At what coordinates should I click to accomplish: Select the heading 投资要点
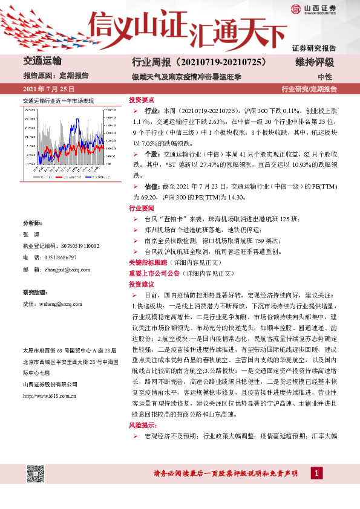pyautogui.click(x=142, y=99)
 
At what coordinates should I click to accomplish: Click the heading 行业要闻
pyautogui.click(x=142, y=207)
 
